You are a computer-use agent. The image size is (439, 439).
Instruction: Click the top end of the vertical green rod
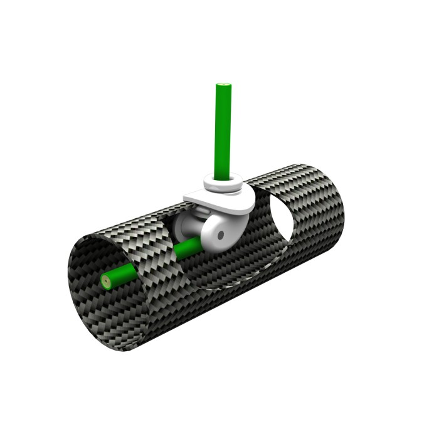pyautogui.click(x=223, y=85)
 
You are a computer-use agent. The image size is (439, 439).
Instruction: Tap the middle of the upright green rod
pyautogui.click(x=223, y=132)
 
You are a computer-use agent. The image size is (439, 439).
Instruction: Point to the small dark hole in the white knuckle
pyautogui.click(x=221, y=235)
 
